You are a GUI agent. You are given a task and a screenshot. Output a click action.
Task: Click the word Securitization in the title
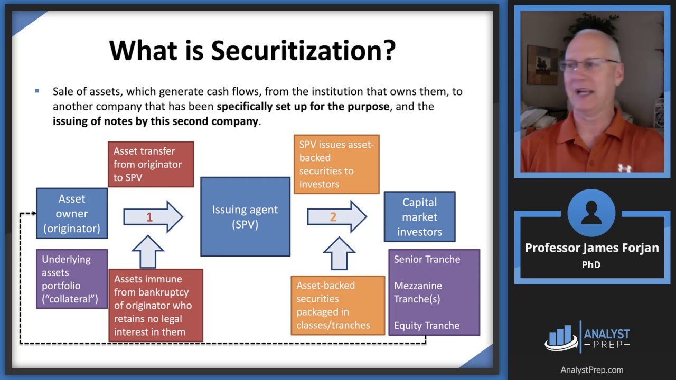303,50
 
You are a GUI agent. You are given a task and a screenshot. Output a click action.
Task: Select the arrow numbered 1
153,217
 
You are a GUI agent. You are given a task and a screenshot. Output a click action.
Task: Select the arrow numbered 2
337,216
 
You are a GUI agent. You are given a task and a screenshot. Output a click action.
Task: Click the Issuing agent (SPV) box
246,216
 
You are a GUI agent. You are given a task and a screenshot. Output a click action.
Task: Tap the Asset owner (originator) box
72,213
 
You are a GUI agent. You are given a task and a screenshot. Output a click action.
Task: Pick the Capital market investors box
419,216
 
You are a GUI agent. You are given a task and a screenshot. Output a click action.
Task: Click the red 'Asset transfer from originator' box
151,164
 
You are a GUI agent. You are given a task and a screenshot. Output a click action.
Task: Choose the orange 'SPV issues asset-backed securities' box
336,164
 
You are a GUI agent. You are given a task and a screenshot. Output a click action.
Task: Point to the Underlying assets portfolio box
72,279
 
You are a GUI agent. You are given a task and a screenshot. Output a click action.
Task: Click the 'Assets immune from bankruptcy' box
156,305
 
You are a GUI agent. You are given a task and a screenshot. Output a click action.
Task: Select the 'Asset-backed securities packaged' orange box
337,305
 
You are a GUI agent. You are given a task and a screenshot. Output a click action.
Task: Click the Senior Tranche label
427,259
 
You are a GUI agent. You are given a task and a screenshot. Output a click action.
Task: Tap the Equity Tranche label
427,326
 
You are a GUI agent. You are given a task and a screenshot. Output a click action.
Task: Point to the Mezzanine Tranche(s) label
418,292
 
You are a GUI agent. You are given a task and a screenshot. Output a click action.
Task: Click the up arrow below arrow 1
148,252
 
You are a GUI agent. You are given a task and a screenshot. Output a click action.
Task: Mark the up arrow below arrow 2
339,253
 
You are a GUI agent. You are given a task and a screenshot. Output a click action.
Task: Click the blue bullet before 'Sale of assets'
37,91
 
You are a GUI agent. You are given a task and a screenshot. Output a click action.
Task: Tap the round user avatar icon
591,213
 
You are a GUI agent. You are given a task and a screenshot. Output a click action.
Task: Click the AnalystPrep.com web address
592,370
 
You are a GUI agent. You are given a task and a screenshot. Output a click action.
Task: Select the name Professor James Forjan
592,248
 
